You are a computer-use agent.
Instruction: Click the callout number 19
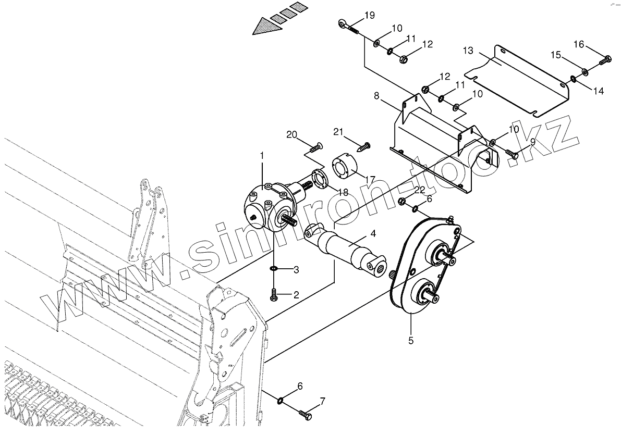point(369,15)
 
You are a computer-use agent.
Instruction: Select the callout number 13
point(468,51)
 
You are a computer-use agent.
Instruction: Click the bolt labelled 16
point(605,60)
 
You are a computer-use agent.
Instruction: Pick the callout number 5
point(411,341)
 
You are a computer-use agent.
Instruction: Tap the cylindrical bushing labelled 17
point(342,167)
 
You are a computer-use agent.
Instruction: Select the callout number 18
point(343,192)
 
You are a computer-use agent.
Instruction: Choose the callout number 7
point(322,402)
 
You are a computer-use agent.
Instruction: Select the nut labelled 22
point(402,201)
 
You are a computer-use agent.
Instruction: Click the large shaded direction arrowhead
point(265,27)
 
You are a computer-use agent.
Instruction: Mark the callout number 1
point(262,155)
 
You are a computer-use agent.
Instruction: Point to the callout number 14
point(598,91)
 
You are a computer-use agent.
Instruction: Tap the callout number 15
point(556,55)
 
